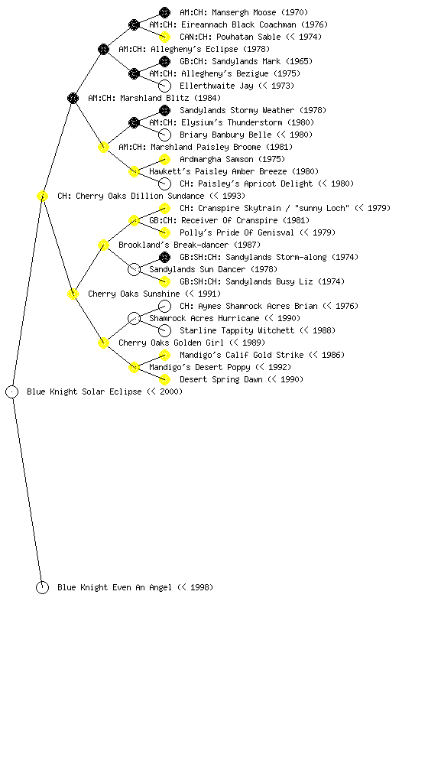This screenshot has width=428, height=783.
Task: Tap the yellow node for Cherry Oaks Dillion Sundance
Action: pos(42,196)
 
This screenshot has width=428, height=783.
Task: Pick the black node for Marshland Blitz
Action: pos(73,98)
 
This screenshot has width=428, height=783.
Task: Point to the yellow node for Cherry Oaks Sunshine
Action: pos(73,294)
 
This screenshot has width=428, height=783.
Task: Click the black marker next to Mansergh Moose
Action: pos(164,12)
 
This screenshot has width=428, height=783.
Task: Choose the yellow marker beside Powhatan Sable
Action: pos(164,37)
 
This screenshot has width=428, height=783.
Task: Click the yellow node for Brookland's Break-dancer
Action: pos(103,245)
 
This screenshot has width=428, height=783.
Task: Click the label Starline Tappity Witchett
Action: pos(237,330)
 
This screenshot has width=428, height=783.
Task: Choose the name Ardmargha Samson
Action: pos(216,159)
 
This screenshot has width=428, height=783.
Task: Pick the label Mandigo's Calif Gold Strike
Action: pos(242,355)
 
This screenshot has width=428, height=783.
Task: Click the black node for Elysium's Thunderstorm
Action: pos(134,122)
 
